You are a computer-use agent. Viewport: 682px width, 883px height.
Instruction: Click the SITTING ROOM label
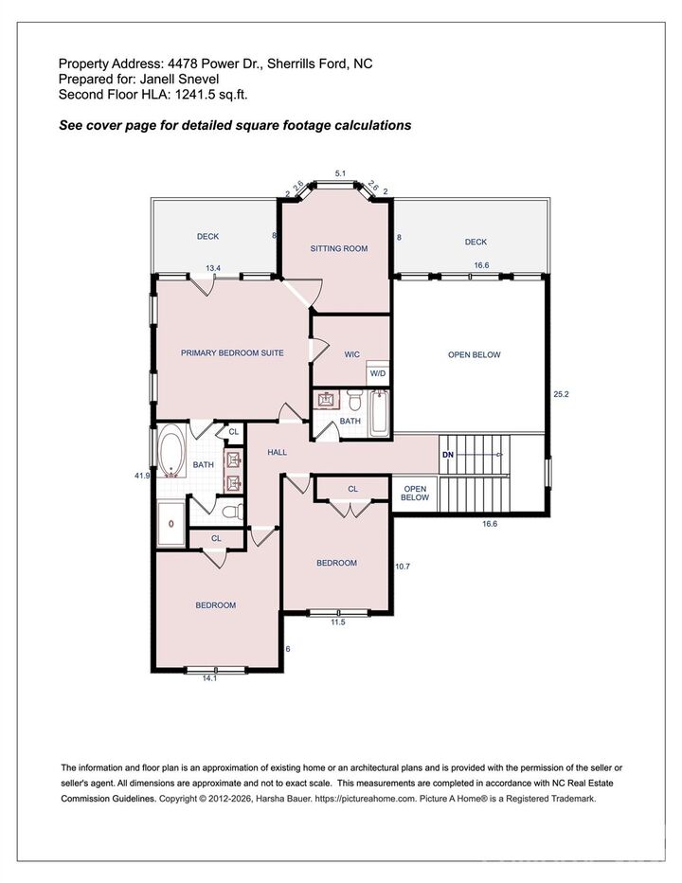338,248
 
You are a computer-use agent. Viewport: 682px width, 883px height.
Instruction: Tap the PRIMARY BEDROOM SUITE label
232,352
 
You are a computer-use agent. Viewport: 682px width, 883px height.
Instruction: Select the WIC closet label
351,354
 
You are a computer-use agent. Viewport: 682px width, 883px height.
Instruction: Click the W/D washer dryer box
378,373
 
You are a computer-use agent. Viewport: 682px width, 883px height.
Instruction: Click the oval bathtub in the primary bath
171,452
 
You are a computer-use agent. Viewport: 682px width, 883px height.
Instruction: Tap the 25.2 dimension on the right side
562,393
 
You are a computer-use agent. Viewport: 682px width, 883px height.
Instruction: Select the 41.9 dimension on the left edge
142,476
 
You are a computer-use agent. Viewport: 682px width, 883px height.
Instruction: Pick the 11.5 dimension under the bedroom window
338,622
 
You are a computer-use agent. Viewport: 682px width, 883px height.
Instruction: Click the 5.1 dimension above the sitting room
340,173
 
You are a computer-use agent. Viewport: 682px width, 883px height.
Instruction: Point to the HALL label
277,453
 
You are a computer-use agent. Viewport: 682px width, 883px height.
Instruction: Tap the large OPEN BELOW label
474,354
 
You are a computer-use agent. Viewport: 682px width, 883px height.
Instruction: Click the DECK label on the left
208,236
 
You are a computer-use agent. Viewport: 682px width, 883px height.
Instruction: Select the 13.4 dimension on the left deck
213,268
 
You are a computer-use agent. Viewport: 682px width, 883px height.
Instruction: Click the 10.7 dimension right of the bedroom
402,567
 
